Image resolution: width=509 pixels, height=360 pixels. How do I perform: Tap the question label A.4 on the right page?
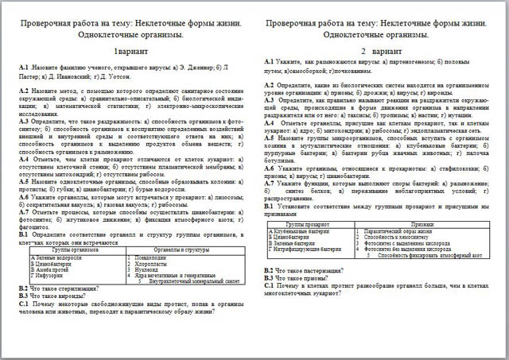(270, 124)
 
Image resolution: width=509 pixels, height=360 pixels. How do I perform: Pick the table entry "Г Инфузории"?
(47, 276)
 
